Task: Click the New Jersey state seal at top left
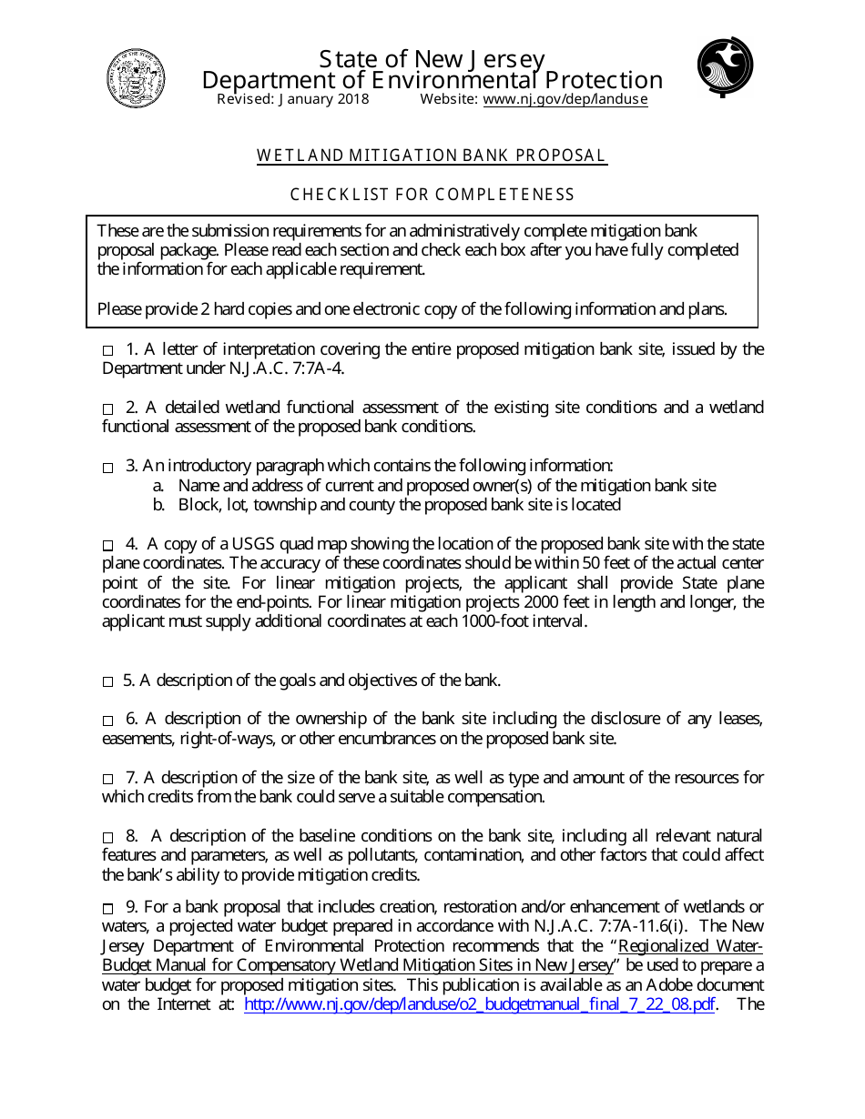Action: pyautogui.click(x=136, y=78)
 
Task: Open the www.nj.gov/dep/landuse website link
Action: pyautogui.click(x=565, y=100)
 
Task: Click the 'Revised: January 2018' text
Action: pyautogui.click(x=292, y=100)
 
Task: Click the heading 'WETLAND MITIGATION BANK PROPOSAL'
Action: pyautogui.click(x=432, y=156)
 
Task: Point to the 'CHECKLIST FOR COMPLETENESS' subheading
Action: pyautogui.click(x=432, y=195)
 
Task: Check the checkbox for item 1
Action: pyautogui.click(x=108, y=350)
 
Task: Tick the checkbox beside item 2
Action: pyautogui.click(x=108, y=408)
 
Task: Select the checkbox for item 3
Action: pyautogui.click(x=108, y=467)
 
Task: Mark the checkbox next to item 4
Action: pyautogui.click(x=108, y=545)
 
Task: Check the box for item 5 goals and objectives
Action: pyautogui.click(x=108, y=681)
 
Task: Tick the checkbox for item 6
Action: pyautogui.click(x=108, y=720)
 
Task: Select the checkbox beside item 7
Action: pyautogui.click(x=108, y=779)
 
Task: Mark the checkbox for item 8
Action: pyautogui.click(x=108, y=837)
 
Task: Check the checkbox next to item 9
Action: pyautogui.click(x=108, y=908)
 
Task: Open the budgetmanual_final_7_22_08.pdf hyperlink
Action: pyautogui.click(x=480, y=1005)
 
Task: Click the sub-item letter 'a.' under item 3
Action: pyautogui.click(x=158, y=486)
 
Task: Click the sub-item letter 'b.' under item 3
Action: pyautogui.click(x=158, y=505)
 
